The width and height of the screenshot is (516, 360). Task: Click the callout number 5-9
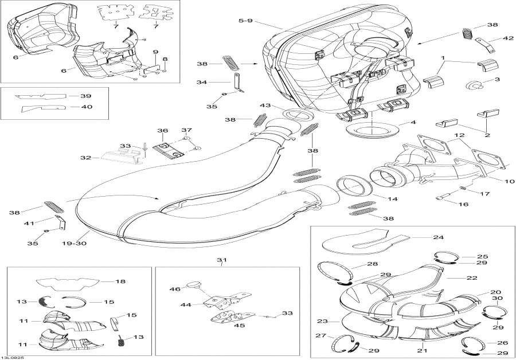[245, 21]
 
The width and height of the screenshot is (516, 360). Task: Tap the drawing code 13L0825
[13, 356]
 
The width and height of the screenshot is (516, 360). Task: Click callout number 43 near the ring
[265, 105]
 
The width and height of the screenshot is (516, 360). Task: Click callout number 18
[120, 281]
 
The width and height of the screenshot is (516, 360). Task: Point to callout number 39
[86, 96]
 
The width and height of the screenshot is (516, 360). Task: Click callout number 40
[86, 107]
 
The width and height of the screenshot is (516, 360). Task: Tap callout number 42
[493, 38]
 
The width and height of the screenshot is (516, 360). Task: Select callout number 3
[497, 80]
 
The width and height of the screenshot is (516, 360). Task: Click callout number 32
[86, 157]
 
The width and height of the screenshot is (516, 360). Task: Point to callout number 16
[463, 204]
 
